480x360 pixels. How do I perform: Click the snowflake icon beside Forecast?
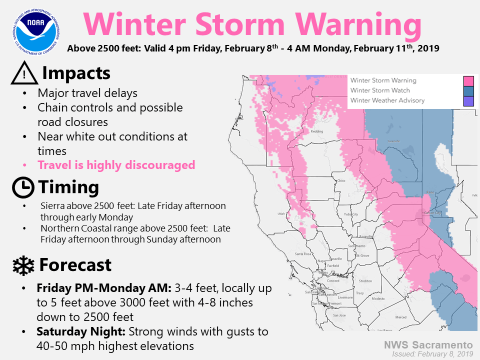coord(23,265)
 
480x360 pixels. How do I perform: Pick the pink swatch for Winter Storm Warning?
coord(468,80)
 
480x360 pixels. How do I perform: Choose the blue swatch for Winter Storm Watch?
coord(468,90)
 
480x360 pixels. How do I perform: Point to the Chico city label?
coord(341,181)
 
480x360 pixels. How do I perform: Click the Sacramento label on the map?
coord(357,246)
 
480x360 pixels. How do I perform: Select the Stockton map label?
coord(365,281)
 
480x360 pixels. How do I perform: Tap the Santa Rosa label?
coord(303,254)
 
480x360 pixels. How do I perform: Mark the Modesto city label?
coord(378,298)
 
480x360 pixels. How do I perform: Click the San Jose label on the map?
coord(339,315)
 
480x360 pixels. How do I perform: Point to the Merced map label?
coord(400,317)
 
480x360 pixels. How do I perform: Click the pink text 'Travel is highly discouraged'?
coord(116,165)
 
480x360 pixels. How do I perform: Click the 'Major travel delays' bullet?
coord(87,93)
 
